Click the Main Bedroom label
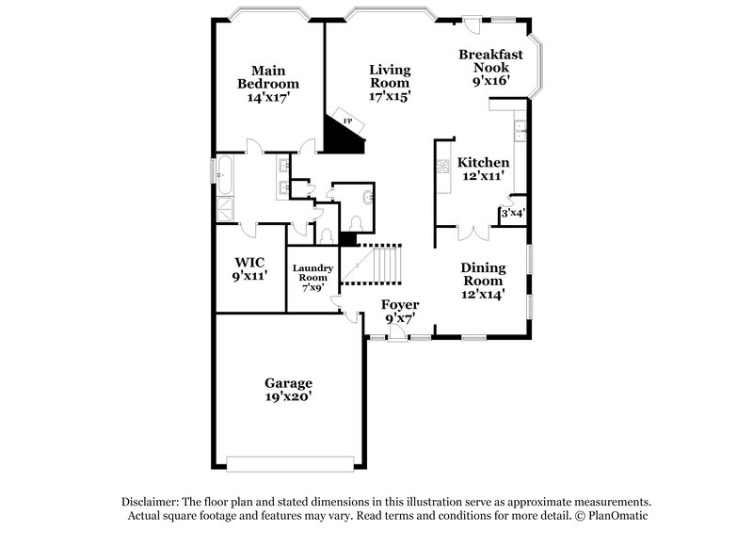click(x=267, y=83)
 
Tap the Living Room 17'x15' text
click(x=390, y=83)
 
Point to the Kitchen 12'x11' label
click(x=483, y=169)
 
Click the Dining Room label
click(x=483, y=281)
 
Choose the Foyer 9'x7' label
click(x=400, y=312)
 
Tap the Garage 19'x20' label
click(x=288, y=390)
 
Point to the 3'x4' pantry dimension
click(x=512, y=214)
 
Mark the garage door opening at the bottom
click(x=287, y=462)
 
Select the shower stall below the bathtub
click(x=226, y=207)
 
